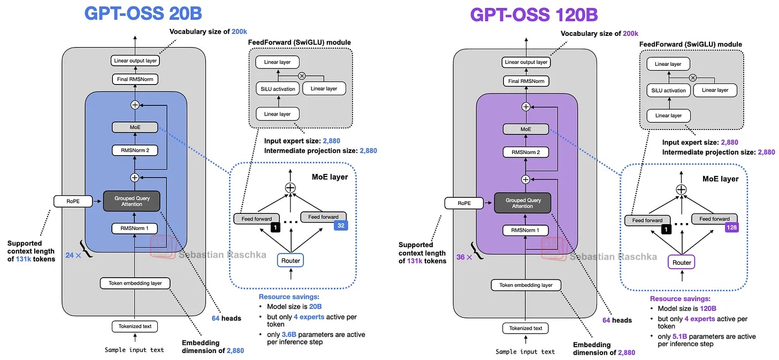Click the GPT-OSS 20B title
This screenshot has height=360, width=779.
pos(143,13)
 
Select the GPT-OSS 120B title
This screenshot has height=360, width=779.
pos(534,15)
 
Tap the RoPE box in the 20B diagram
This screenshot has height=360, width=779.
pos(73,201)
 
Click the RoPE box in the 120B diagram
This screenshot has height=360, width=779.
pos(464,203)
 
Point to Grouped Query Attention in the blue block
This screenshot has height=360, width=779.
pos(132,201)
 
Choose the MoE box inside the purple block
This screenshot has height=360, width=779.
pos(526,129)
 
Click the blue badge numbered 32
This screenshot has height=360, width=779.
pos(341,225)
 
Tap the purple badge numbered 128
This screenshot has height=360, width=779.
pos(732,227)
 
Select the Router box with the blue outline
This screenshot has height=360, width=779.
pos(291,261)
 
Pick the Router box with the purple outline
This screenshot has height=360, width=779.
pos(682,263)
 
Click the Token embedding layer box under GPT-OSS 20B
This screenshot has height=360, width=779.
pos(135,283)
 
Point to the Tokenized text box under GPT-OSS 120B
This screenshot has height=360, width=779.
pos(525,328)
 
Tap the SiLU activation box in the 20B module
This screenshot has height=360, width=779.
pos(278,89)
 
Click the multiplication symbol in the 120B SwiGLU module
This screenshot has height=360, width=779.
pos(693,78)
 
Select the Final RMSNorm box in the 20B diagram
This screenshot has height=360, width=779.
pos(135,79)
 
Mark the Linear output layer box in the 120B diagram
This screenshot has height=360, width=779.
pos(526,62)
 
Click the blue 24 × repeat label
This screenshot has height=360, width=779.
pos(73,255)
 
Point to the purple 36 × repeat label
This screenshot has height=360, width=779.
pos(464,257)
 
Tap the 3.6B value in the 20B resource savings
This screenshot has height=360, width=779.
pos(289,334)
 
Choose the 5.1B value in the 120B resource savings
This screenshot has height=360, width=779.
pos(679,336)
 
